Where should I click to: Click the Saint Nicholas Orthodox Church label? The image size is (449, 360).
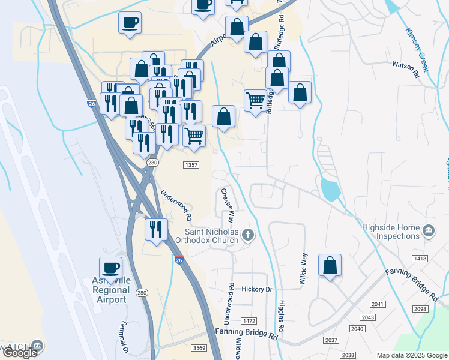pyautogui.click(x=212, y=236)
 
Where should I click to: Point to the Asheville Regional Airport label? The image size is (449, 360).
pyautogui.click(x=110, y=290)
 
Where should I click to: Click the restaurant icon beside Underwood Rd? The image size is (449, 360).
pyautogui.click(x=156, y=228)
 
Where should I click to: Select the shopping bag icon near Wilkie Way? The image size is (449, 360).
pyautogui.click(x=330, y=265)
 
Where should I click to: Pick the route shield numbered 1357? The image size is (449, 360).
pyautogui.click(x=191, y=164)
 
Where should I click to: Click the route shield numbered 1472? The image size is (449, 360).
pyautogui.click(x=249, y=321)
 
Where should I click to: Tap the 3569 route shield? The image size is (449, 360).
pyautogui.click(x=199, y=348)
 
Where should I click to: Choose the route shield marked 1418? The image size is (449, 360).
pyautogui.click(x=420, y=258)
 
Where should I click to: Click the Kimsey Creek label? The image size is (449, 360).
pyautogui.click(x=417, y=50)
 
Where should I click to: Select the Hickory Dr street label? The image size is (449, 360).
pyautogui.click(x=256, y=289)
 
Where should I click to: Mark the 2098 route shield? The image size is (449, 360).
pyautogui.click(x=421, y=308)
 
